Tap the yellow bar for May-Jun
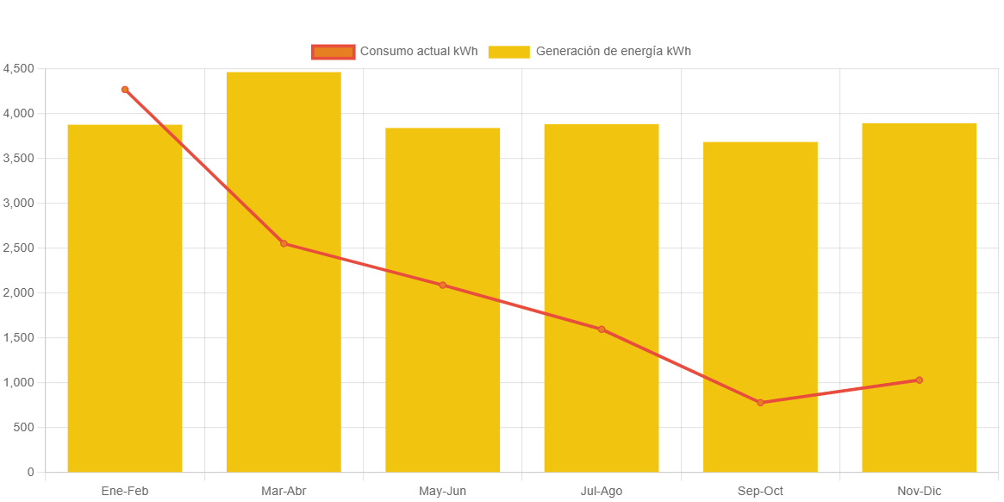point(443,362)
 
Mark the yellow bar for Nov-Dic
point(920,259)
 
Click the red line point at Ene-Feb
point(125,90)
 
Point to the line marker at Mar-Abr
point(284,243)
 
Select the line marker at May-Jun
point(443,285)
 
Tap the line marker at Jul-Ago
point(602,329)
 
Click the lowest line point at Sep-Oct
point(760,403)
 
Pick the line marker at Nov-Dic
point(920,380)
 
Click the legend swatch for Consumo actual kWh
point(333,52)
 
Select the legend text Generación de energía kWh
point(613,52)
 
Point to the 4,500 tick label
point(18,69)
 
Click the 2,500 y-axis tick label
point(18,248)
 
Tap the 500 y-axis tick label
point(23,428)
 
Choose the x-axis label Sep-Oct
point(760,492)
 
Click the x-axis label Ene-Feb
point(125,492)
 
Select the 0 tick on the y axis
point(30,473)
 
